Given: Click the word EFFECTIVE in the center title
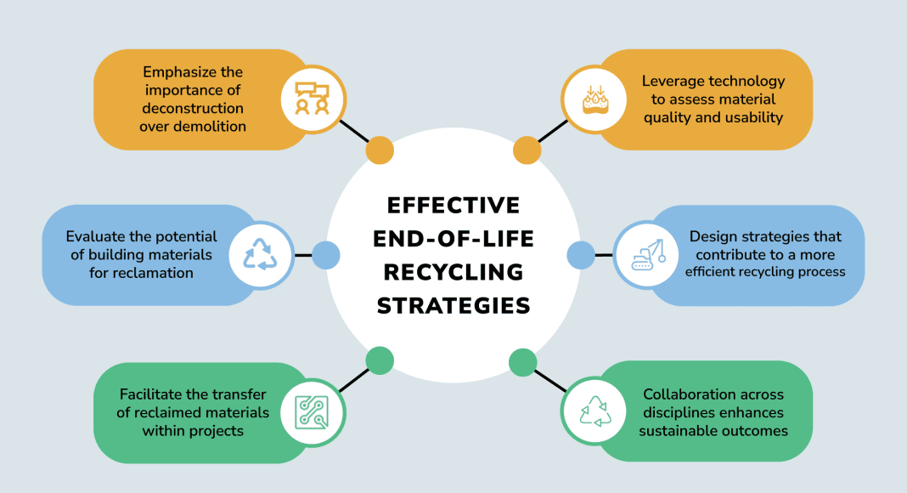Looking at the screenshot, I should tap(453, 206).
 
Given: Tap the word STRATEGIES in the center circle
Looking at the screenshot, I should tap(453, 305).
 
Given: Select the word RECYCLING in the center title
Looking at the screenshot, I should tap(453, 272).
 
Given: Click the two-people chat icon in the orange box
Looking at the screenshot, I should tap(311, 99).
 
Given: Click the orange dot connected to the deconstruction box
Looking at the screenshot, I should tap(380, 150).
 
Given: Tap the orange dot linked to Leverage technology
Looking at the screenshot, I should tap(527, 150).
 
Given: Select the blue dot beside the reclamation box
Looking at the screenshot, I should tap(326, 254).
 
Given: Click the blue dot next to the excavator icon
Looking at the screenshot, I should tap(580, 254).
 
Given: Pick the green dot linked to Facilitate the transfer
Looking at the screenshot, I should tap(380, 360).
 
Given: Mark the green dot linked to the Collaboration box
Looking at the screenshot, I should tap(522, 362).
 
